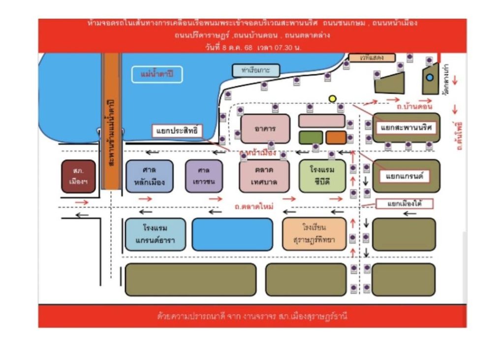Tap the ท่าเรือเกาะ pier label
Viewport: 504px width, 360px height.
coord(256,70)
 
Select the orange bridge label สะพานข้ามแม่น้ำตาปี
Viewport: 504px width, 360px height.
coord(112,133)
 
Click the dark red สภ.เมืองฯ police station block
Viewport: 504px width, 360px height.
coord(78,176)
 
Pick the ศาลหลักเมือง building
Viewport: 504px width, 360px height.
coord(149,176)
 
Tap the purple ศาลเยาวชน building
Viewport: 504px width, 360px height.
coord(204,176)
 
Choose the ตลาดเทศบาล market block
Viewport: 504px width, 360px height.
coord(264,176)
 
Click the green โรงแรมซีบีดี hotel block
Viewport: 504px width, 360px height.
coord(322,176)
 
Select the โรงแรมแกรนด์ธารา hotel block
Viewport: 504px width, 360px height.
coord(155,234)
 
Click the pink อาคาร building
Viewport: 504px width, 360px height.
coord(265,129)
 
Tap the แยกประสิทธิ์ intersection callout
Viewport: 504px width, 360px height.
coord(177,131)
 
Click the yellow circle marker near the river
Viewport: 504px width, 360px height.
coord(332,98)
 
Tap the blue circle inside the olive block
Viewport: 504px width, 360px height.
coord(430,77)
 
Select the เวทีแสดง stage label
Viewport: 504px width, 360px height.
coord(372,58)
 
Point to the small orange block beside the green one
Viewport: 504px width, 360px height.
coord(336,137)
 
